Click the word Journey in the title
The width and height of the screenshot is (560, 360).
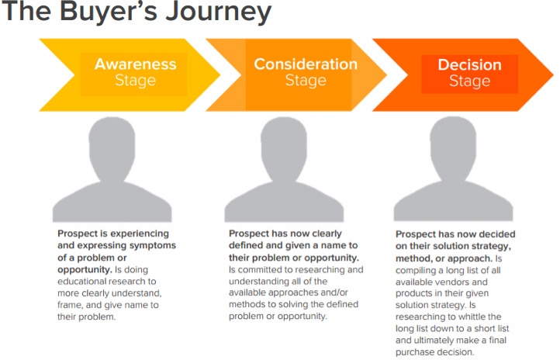218,12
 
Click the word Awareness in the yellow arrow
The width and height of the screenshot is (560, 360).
136,64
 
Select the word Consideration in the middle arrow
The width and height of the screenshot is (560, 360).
306,64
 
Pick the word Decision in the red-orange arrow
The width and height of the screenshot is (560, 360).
470,64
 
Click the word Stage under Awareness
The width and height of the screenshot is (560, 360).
136,80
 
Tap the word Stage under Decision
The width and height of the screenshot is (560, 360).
470,81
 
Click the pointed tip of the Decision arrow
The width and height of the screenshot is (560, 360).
553,75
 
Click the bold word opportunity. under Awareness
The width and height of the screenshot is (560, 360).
85,269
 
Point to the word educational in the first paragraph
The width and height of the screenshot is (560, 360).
82,281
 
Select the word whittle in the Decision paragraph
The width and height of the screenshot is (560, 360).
472,317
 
